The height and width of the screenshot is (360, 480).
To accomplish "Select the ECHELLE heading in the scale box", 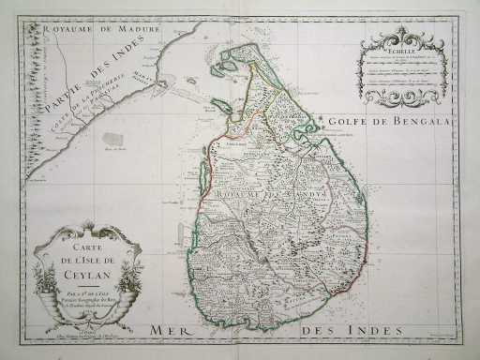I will (392, 54).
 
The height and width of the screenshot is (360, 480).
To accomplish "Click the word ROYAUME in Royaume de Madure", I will (63, 29).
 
